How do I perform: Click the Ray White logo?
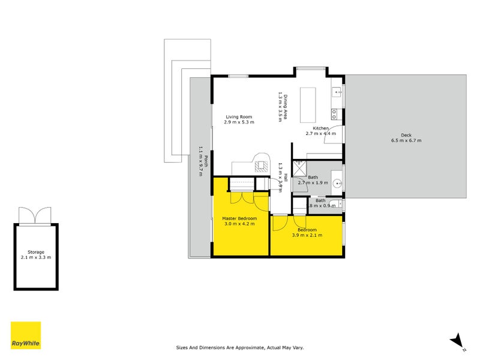pos(26,335)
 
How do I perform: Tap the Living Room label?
pos(239,116)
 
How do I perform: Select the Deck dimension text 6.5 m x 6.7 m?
pos(406,140)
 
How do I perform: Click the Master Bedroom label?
pos(239,218)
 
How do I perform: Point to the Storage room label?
pos(36,252)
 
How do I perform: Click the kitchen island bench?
pos(308,105)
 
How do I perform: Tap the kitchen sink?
pos(337,92)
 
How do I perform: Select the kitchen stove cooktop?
pos(334,114)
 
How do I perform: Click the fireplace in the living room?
pos(261,166)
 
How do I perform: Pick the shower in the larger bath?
pos(299,169)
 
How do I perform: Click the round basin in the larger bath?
pos(337,184)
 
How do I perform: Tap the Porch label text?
pos(206,161)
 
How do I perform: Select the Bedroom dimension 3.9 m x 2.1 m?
pos(307,235)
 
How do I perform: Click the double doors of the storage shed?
pos(35,215)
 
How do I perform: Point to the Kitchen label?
pos(320,128)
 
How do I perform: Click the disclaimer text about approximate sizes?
pos(240,347)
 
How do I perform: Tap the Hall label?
pos(286,178)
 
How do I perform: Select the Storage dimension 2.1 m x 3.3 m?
pos(36,257)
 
